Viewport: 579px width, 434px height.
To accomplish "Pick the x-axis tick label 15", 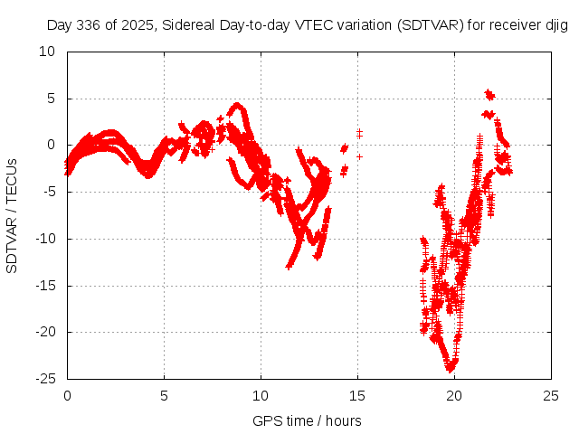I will click(357, 396).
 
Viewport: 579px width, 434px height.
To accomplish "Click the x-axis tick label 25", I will click(551, 396).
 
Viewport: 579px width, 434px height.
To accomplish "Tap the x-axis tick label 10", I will click(261, 396).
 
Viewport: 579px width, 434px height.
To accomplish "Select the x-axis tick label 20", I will click(454, 396).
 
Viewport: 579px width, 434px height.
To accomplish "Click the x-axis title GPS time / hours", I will click(308, 420).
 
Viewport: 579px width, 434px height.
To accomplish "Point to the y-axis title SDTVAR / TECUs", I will click(13, 215).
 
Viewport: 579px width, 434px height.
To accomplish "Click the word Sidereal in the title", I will click(198, 26).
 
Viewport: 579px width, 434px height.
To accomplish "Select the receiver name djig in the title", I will click(555, 26).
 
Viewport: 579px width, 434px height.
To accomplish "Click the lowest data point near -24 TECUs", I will click(450, 369).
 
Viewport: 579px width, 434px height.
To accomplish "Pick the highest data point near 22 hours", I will click(489, 92).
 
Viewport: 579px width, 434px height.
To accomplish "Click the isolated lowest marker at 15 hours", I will click(359, 156).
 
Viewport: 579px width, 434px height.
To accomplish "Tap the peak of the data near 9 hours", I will click(237, 105).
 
